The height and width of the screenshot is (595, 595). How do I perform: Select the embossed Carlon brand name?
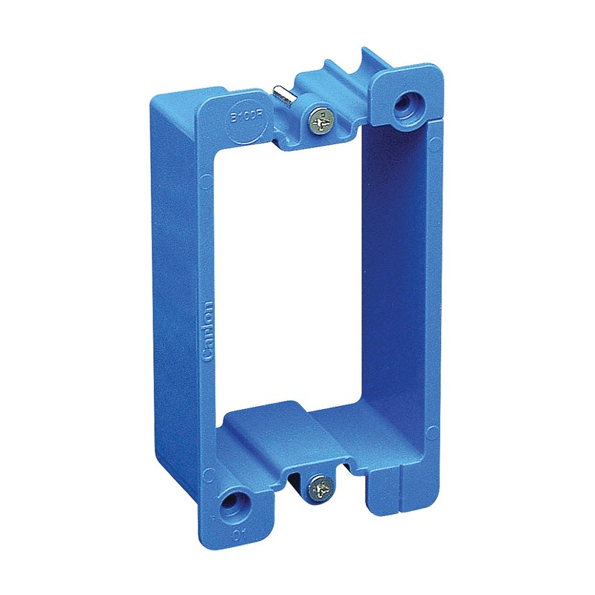click(x=208, y=331)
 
